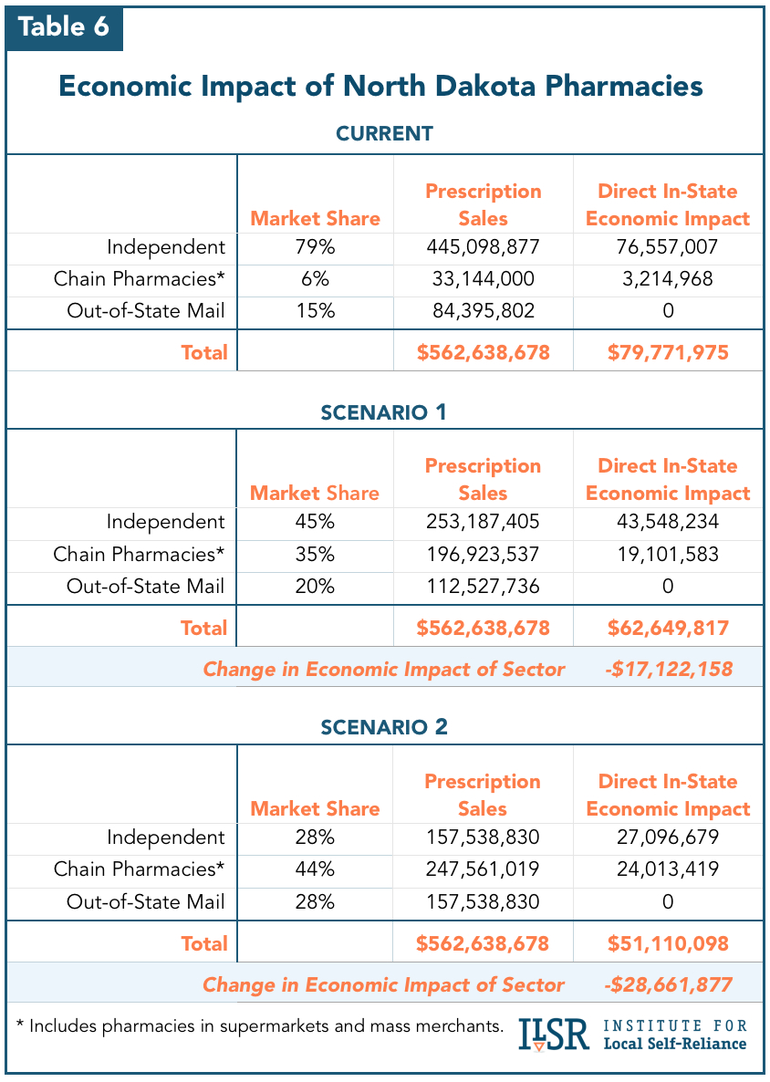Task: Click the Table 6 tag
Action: (x=64, y=26)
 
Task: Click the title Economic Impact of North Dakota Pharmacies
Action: (x=380, y=86)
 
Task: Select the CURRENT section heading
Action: (x=384, y=133)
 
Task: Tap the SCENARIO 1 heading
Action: (x=384, y=411)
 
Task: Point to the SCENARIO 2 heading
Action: (x=384, y=727)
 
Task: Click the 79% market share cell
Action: (x=315, y=247)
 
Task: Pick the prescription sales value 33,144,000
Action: (x=483, y=279)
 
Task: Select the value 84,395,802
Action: (x=483, y=311)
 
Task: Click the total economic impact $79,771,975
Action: (x=668, y=352)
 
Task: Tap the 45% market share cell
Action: (x=315, y=522)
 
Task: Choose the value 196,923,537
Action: (x=483, y=554)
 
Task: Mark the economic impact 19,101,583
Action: (x=668, y=554)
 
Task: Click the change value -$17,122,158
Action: (x=668, y=669)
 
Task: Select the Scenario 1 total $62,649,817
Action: (x=668, y=628)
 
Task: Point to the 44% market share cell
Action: (x=315, y=869)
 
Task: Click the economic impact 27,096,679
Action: (x=668, y=838)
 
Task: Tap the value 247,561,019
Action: (x=483, y=869)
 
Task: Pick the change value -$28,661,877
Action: (x=668, y=984)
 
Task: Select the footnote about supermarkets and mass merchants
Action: (x=260, y=1025)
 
